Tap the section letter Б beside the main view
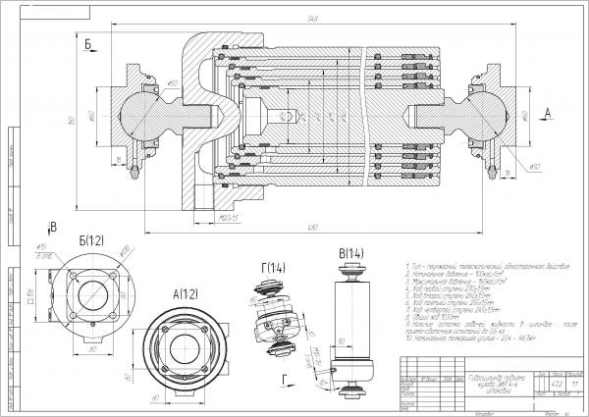point(88,43)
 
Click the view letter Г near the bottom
point(283,376)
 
